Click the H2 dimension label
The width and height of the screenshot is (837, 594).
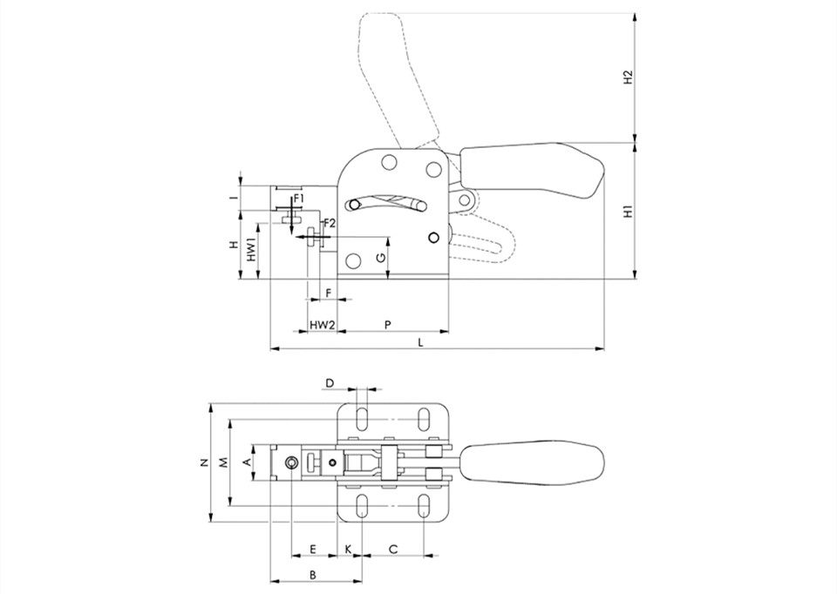point(629,77)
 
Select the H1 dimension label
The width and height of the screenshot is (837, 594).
point(629,211)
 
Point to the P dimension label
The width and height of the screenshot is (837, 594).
point(388,325)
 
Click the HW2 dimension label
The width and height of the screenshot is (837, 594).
point(323,325)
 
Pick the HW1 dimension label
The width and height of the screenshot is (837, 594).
point(252,250)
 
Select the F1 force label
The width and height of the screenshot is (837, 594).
point(298,199)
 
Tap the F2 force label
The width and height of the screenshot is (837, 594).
point(329,223)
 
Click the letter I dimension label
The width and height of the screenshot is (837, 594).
point(233,198)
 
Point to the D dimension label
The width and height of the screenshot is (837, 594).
point(330,383)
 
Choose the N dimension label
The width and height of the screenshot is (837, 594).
point(204,462)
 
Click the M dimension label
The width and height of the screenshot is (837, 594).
point(224,462)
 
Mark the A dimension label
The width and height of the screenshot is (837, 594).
point(247,462)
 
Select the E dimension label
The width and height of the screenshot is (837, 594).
point(313,549)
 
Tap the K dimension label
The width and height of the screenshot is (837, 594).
point(349,549)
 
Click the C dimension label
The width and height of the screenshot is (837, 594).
point(393,549)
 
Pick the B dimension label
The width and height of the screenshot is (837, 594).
point(313,575)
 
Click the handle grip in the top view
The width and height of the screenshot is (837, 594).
point(532,462)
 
